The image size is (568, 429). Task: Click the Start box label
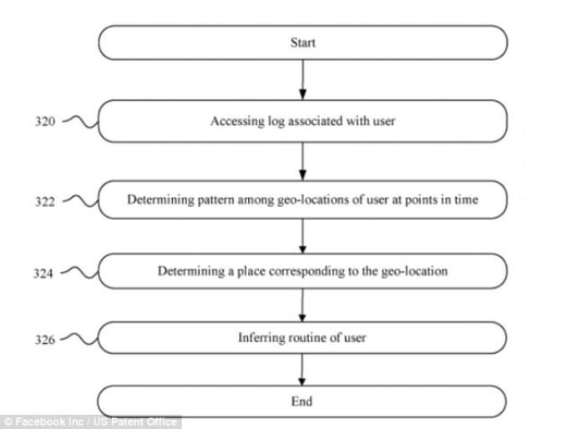coord(303,43)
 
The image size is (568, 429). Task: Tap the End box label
coord(302,401)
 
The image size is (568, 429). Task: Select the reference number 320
coord(45,121)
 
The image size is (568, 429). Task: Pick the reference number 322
coord(45,201)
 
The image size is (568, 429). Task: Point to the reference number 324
coord(43,273)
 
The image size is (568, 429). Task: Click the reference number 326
coord(45,340)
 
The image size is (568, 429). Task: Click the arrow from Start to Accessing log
coord(303,79)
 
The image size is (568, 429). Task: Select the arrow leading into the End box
coord(302,370)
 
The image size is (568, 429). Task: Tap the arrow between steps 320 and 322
coord(303,161)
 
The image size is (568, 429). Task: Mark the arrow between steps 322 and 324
coord(303,236)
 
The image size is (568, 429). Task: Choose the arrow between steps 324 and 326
coord(302,305)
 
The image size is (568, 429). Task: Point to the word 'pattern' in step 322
coord(216,199)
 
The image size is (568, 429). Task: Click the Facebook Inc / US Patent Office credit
coord(90,422)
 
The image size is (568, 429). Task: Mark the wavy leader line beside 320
coord(80,122)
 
